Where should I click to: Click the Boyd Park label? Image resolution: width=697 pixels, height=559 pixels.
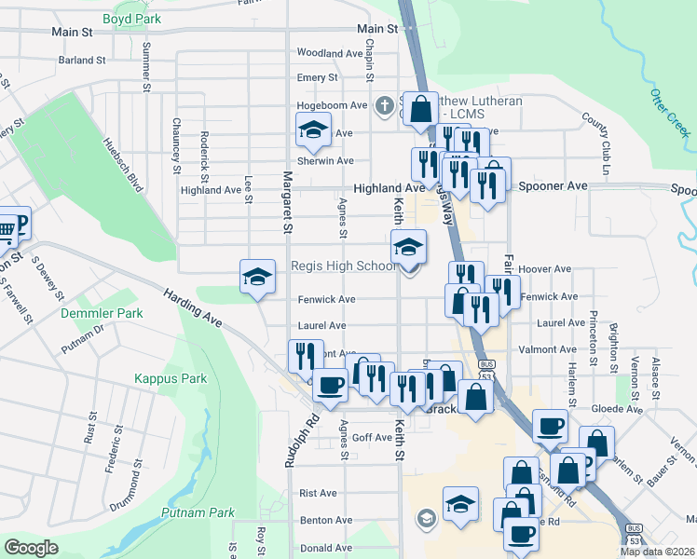(131, 19)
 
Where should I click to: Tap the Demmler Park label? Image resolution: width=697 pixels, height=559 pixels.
(102, 313)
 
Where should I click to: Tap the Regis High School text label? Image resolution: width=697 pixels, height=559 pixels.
(344, 266)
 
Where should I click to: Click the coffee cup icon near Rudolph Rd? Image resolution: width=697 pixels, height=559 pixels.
(328, 385)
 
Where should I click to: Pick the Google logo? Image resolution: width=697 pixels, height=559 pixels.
(32, 548)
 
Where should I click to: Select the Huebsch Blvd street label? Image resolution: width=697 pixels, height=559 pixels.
(123, 164)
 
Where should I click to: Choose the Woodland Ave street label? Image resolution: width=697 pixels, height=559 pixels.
(329, 53)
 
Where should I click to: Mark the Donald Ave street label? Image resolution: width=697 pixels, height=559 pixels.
(326, 548)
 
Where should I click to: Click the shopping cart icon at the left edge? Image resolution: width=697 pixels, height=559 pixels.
(6, 229)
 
